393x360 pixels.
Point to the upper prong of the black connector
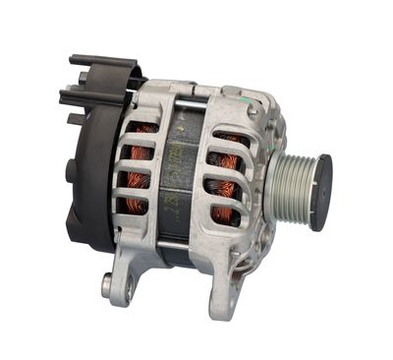[98, 66]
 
